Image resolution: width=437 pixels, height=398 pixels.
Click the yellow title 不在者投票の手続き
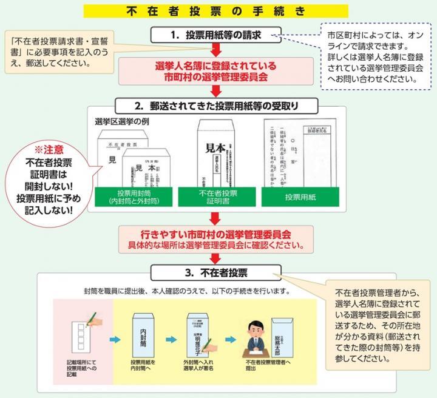[x=218, y=12]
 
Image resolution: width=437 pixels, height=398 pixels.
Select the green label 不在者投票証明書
[x=218, y=195]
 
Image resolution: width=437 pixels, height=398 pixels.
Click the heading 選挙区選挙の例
[x=122, y=122]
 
